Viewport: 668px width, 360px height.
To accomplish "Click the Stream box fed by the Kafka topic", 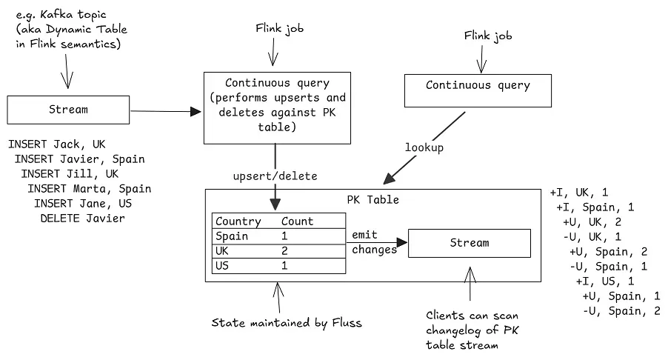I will click(x=67, y=110).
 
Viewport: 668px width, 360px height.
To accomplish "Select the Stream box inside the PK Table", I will click(x=470, y=243).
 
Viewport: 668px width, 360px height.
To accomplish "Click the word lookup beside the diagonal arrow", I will click(x=424, y=147).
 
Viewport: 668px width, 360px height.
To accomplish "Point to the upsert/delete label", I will click(x=275, y=176).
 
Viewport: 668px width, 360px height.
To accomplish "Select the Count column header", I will click(x=297, y=221).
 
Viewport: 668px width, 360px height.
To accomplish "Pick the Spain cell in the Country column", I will click(x=231, y=236).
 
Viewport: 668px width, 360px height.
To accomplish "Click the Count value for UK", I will click(x=284, y=251).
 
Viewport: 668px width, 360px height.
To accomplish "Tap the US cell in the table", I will click(x=222, y=266).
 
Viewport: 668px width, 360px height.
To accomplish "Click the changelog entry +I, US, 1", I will click(x=604, y=281).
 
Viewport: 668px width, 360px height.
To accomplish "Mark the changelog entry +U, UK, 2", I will click(x=592, y=221).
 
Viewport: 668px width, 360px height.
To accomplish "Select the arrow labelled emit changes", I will click(x=378, y=241).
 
